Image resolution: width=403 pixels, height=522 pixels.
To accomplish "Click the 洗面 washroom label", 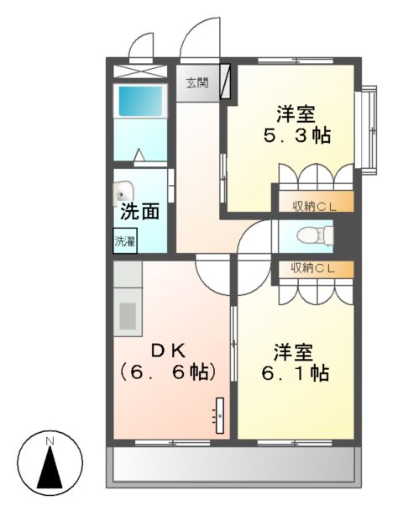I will pyautogui.click(x=139, y=211).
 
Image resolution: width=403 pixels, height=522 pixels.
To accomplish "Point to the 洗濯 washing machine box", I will pyautogui.click(x=125, y=241).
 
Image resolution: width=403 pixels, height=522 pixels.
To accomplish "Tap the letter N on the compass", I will pyautogui.click(x=50, y=440).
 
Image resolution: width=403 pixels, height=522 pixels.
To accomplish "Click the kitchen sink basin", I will pyautogui.click(x=128, y=316).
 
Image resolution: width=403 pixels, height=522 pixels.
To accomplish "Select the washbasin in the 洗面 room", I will pyautogui.click(x=123, y=192).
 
